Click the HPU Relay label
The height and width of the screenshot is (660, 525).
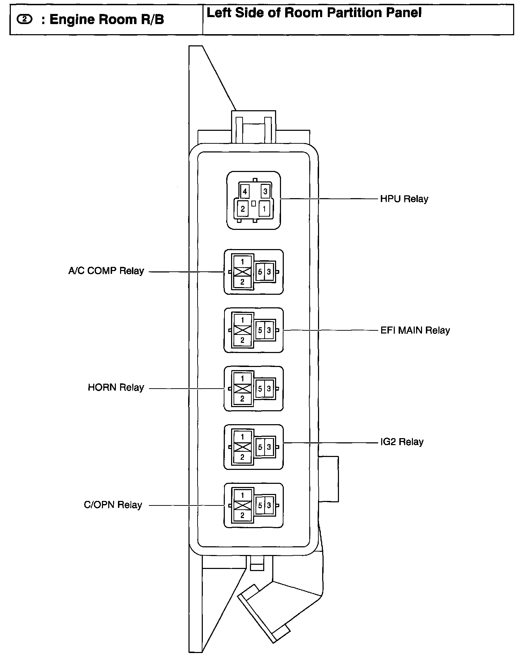404,199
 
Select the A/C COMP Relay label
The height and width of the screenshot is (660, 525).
106,271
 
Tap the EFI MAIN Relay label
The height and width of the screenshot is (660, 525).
415,330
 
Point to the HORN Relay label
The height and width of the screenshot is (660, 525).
116,388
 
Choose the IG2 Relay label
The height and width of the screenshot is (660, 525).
402,442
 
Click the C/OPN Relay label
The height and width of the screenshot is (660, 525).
113,505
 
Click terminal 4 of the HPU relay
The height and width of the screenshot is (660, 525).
245,191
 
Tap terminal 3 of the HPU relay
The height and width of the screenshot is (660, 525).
265,191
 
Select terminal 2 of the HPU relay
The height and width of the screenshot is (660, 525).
243,209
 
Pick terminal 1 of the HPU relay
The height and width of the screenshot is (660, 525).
264,209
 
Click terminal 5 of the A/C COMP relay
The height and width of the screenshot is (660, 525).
260,272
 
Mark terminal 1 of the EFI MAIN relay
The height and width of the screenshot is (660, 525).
243,320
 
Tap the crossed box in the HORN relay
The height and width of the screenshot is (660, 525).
243,388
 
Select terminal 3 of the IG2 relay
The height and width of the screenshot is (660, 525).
269,447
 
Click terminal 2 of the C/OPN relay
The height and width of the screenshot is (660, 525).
243,515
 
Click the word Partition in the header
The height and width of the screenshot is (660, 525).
353,13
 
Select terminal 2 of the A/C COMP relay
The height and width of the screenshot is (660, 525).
243,282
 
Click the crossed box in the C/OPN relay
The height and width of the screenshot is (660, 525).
243,505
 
